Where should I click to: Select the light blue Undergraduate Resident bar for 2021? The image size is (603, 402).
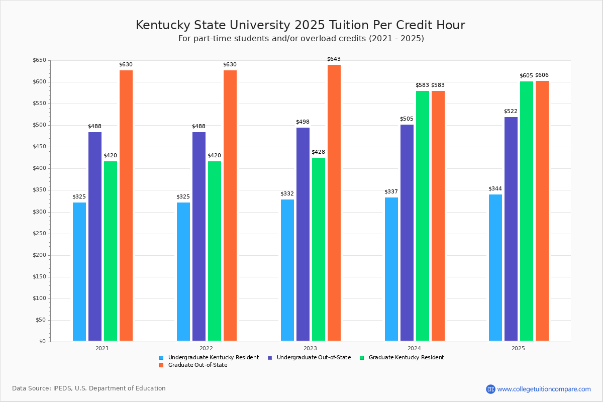pos(79,271)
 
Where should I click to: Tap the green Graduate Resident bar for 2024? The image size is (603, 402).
pos(422,216)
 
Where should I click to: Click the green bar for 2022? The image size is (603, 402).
pos(215,251)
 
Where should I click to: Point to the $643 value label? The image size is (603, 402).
pos(334,59)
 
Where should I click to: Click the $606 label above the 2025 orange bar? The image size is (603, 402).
pos(542,75)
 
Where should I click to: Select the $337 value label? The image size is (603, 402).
pos(391,192)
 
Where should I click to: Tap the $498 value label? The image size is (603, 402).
pos(303,122)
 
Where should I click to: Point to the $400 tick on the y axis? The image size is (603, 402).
pos(39,169)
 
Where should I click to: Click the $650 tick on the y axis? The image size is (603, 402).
pos(39,61)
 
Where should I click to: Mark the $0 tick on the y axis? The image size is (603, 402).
pos(42,342)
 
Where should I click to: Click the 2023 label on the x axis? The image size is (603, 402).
pos(310,348)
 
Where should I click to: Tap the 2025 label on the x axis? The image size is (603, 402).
pos(518,348)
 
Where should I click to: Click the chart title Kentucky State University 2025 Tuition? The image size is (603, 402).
pos(300,25)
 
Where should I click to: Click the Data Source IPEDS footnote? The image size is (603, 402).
pos(89,388)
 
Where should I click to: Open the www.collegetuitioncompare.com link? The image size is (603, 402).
pos(544,389)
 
